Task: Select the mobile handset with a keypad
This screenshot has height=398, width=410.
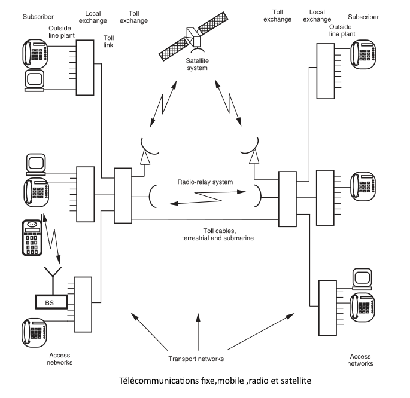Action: [x=33, y=237]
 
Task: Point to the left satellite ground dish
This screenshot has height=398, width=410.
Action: [x=147, y=146]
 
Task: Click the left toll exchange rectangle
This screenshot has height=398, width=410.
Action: [x=122, y=191]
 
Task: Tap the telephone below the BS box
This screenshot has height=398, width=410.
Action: [x=33, y=332]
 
